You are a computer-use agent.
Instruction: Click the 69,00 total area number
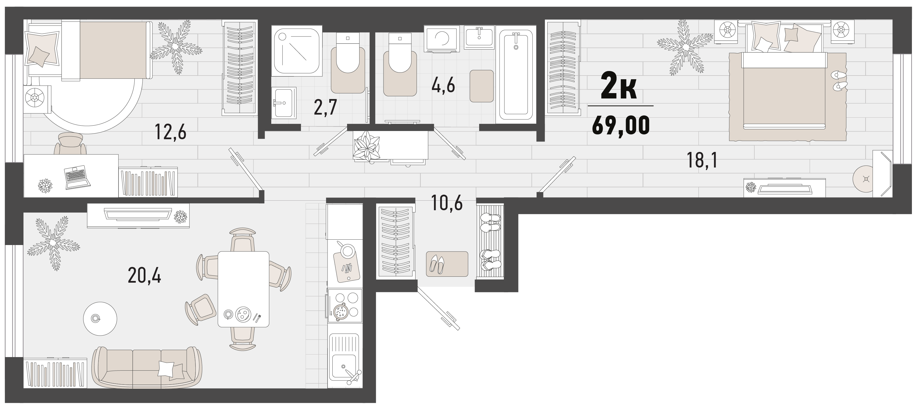621,125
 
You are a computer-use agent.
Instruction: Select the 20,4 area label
144,276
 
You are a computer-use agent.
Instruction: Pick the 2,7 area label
325,108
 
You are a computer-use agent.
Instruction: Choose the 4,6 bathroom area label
443,85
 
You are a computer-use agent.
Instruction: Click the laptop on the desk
77,177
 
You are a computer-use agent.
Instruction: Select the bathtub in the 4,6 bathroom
516,75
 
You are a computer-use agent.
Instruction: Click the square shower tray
296,51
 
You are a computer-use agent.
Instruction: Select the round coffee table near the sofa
100,319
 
